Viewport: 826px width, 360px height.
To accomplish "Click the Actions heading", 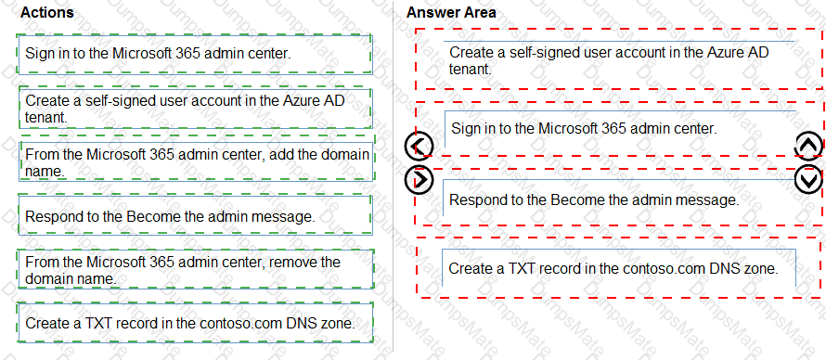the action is (46, 13).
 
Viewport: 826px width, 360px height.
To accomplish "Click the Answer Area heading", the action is (451, 13).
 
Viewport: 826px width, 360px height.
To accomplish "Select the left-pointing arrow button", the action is (419, 146).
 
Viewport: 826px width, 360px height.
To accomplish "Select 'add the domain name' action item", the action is (195, 162).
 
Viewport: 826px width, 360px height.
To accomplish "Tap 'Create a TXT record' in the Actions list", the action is (195, 324).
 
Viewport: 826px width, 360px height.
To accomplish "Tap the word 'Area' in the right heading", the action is (480, 13).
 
